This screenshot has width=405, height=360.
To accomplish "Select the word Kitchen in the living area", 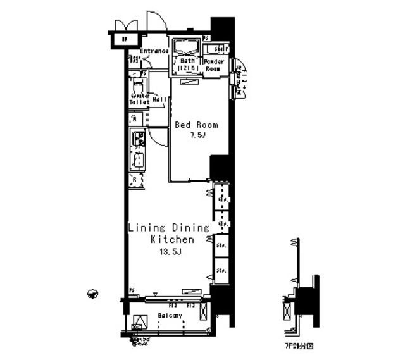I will [171, 240].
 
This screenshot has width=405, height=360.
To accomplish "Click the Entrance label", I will [154, 51].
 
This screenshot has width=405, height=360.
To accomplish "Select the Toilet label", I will [139, 101].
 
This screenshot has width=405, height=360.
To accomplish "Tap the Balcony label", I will [170, 315].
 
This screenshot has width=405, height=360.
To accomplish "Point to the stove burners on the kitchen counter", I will [138, 137].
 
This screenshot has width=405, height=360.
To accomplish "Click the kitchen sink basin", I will [139, 161].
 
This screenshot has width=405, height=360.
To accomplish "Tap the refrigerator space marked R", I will [136, 180].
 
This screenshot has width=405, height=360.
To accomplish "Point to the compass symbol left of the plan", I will [92, 294].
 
